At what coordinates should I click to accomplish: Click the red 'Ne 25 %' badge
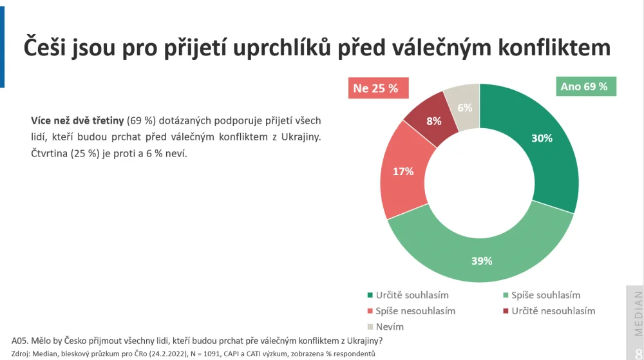[378, 88]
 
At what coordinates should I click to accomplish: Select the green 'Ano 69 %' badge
[586, 86]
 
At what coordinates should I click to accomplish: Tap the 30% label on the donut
[542, 138]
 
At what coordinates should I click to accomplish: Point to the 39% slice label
[482, 261]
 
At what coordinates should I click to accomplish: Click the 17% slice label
[403, 171]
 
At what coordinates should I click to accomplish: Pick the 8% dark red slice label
[433, 121]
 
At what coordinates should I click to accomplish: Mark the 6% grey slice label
[465, 108]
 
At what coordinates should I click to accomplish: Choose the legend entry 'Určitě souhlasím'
[408, 295]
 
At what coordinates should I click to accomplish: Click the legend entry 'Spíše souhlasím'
[542, 295]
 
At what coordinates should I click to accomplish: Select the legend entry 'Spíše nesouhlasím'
[411, 311]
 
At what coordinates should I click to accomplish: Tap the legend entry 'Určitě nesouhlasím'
[549, 311]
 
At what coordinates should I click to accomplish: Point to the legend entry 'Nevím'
[386, 327]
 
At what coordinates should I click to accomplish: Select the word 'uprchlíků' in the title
[282, 48]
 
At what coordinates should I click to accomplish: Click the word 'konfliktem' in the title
[554, 47]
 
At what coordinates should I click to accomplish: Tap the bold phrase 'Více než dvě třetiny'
[78, 120]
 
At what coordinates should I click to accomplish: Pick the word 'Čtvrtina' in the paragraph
[50, 153]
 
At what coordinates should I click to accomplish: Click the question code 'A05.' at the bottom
[19, 341]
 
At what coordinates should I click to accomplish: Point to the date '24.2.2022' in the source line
[168, 354]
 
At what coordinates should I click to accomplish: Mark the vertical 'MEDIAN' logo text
[638, 314]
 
